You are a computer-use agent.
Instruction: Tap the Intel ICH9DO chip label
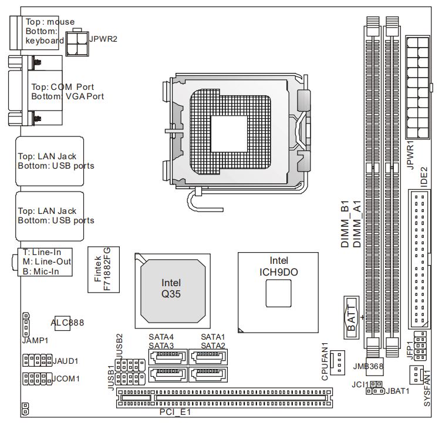click(x=278, y=266)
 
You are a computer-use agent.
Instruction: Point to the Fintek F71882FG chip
click(x=103, y=269)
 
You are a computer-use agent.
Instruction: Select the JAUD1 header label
click(x=66, y=360)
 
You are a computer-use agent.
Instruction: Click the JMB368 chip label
click(x=368, y=366)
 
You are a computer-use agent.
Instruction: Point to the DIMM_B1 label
click(x=346, y=225)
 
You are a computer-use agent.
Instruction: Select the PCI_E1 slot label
click(x=176, y=413)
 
